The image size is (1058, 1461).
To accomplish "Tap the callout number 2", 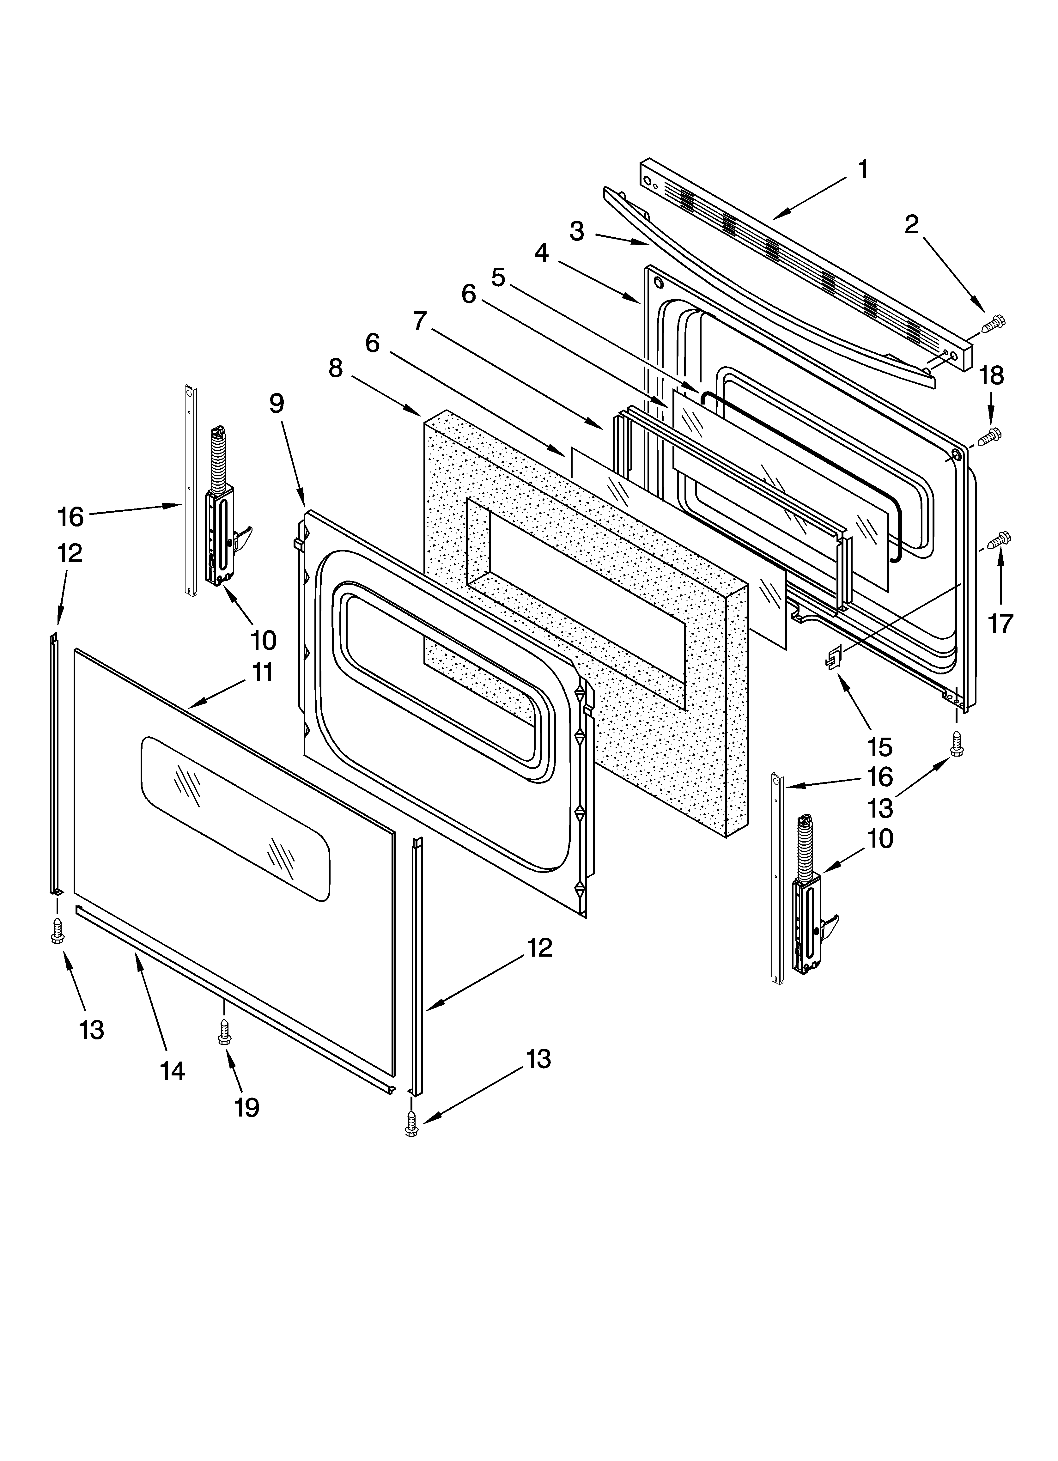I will (x=911, y=225).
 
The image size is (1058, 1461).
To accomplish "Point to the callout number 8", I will (x=336, y=368).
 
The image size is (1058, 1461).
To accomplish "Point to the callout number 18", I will (x=992, y=375).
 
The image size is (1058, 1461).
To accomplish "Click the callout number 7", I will (x=420, y=320).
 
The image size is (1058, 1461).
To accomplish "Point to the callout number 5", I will (x=498, y=278).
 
